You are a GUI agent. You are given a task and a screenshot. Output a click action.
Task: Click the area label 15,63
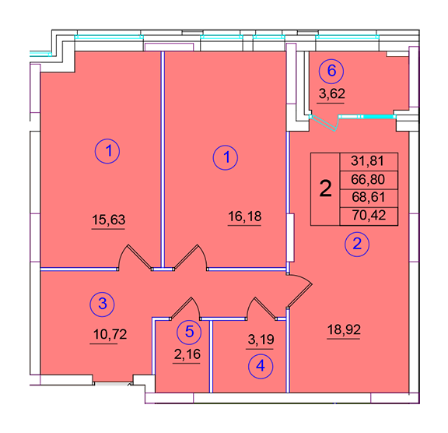click(109, 220)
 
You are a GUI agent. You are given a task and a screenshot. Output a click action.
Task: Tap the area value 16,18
click(244, 216)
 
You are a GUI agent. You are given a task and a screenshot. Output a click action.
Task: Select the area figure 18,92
click(344, 329)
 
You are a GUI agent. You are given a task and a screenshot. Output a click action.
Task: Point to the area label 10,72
click(110, 334)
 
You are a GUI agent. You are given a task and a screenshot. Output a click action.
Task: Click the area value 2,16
click(187, 354)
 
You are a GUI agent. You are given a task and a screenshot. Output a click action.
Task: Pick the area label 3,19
click(261, 340)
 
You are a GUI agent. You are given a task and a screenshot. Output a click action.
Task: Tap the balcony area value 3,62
click(331, 93)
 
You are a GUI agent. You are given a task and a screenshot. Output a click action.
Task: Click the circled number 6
click(331, 70)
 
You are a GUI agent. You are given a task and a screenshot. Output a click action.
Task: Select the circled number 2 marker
click(357, 245)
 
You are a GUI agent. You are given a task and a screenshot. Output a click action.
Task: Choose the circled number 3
click(103, 304)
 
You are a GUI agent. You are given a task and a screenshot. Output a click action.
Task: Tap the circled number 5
click(189, 332)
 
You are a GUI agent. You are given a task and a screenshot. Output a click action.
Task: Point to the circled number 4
click(261, 366)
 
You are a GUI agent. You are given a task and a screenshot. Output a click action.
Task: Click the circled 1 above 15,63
click(107, 151)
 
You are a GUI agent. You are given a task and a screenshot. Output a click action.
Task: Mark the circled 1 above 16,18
click(226, 157)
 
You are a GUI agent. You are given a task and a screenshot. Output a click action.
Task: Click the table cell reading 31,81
click(369, 161)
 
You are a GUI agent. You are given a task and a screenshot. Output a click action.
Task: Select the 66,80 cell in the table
click(369, 180)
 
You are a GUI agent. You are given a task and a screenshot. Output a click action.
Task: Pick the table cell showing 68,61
click(369, 198)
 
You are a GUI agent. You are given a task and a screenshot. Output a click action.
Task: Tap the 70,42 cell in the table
click(369, 216)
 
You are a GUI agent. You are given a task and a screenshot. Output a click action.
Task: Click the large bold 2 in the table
click(325, 188)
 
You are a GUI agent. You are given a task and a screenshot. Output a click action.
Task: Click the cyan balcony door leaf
click(324, 123)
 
